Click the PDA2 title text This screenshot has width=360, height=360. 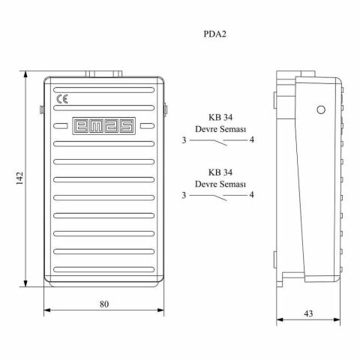click(214, 34)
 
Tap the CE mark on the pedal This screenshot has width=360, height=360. click(62, 99)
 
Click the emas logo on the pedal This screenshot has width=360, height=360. click(104, 126)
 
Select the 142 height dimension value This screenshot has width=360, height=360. click(19, 178)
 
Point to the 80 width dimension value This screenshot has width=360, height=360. click(104, 304)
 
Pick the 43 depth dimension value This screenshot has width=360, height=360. click(308, 313)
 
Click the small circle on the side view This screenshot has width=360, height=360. click(321, 109)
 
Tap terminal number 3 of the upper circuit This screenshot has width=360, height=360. click(184, 140)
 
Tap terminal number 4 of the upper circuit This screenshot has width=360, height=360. click(252, 139)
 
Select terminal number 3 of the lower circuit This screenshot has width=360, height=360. click(184, 195)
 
